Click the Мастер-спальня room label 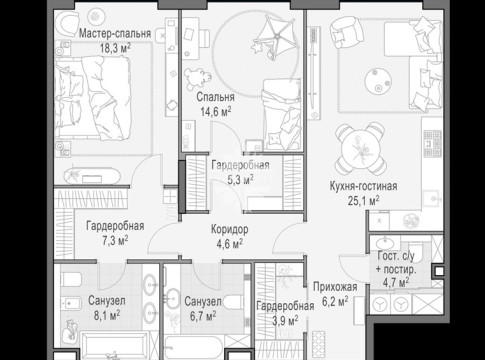pyautogui.click(x=115, y=33)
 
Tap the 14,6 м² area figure pyautogui.click(x=216, y=111)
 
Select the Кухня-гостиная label pyautogui.click(x=363, y=186)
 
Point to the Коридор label pyautogui.click(x=230, y=229)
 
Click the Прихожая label pyautogui.click(x=335, y=287)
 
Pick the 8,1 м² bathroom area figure pyautogui.click(x=107, y=315)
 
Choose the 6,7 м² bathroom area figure pyautogui.click(x=203, y=316)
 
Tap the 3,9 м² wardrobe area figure pyautogui.click(x=285, y=321)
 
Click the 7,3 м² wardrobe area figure pyautogui.click(x=115, y=240)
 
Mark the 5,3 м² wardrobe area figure pyautogui.click(x=240, y=180)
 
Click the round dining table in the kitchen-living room pyautogui.click(x=360, y=148)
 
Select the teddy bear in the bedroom pyautogui.click(x=197, y=79)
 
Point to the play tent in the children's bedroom pyautogui.click(x=275, y=35)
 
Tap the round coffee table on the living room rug pyautogui.click(x=378, y=81)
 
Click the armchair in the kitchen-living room pyautogui.click(x=347, y=31)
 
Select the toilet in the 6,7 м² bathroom pyautogui.click(x=234, y=302)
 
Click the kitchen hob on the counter pyautogui.click(x=433, y=144)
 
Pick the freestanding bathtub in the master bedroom pyautogui.click(x=92, y=176)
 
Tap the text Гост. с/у pyautogui.click(x=396, y=256)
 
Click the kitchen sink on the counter pyautogui.click(x=433, y=199)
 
